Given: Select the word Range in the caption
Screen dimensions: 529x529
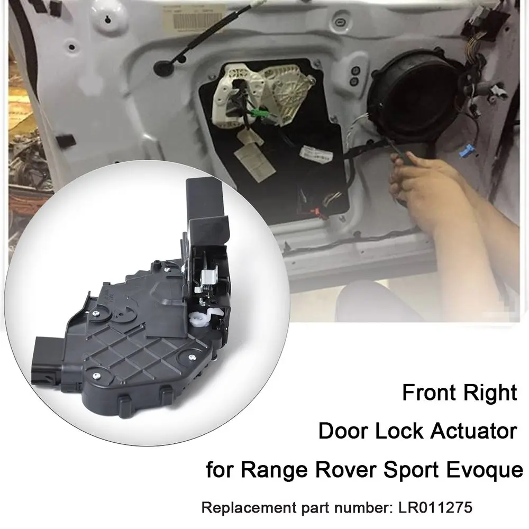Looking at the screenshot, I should pyautogui.click(x=265, y=469).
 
